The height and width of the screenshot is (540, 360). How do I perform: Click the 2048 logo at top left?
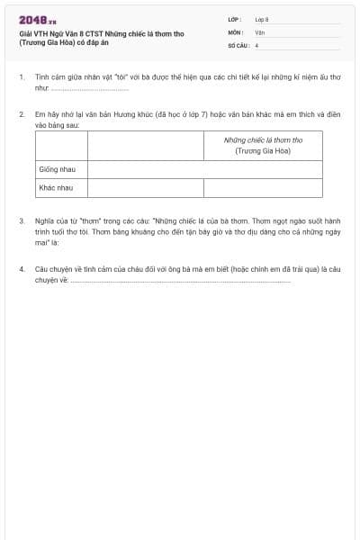38,20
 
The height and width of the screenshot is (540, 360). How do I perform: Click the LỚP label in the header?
235,19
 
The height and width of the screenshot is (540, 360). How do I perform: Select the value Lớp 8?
262,19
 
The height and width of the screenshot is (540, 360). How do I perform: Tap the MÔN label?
236,31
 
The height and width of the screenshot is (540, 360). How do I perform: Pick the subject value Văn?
259,31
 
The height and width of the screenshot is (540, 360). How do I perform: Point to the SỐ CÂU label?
238,44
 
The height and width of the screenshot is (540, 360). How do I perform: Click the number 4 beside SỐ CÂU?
256,44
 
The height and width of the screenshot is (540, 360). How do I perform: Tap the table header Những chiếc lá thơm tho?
263,140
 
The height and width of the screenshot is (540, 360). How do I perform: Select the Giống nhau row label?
56,169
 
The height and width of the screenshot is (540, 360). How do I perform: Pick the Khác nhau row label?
55,188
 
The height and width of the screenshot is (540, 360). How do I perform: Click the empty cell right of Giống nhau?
205,169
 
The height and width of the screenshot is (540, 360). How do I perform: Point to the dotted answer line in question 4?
180,280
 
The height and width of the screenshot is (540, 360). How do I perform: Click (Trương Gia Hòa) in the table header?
263,151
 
